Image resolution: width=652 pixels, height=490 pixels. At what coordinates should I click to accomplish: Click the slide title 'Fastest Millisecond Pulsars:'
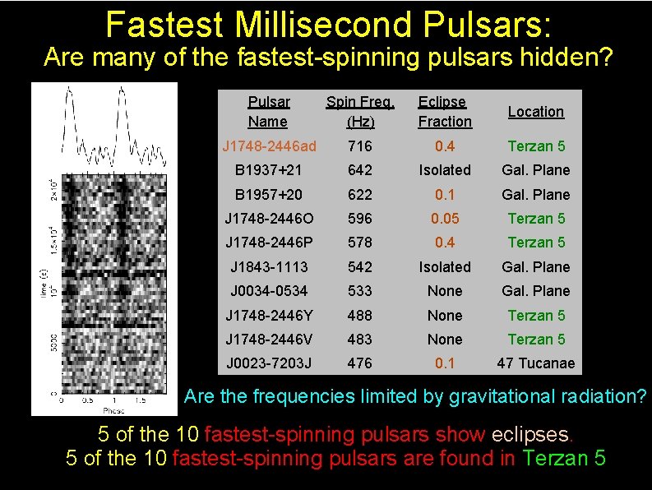pos(328,25)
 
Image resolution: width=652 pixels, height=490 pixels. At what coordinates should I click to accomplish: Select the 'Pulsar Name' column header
pos(268,112)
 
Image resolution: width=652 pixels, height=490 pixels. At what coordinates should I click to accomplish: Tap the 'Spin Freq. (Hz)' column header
pos(360,112)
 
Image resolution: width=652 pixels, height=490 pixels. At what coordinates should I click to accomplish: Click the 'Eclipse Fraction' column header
pos(445,112)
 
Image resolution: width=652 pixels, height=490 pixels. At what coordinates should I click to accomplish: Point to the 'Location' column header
pos(535,112)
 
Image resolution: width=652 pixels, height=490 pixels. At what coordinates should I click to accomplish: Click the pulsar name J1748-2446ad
pos(268,146)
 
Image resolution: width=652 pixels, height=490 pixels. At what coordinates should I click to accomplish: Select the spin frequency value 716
pos(359,146)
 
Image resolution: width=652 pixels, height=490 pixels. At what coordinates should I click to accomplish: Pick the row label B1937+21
pos(268,170)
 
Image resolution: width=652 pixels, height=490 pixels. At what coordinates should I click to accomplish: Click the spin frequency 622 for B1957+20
pos(359,195)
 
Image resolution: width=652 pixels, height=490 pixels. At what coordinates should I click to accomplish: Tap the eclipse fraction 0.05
pos(445,219)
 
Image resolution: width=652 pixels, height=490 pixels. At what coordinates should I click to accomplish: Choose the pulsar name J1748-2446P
pos(268,243)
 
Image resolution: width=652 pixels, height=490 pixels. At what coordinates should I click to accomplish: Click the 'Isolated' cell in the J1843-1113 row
pos(445,267)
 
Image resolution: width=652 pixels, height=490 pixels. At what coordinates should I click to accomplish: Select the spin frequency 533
pos(359,291)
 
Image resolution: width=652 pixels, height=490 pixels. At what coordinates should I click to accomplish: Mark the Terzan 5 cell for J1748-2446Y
pos(535,316)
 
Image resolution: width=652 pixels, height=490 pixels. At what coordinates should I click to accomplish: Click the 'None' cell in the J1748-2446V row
pos(445,340)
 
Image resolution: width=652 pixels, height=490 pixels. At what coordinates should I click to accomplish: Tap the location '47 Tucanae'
pos(535,363)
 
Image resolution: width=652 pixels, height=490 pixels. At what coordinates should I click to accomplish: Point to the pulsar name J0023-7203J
pos(268,363)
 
